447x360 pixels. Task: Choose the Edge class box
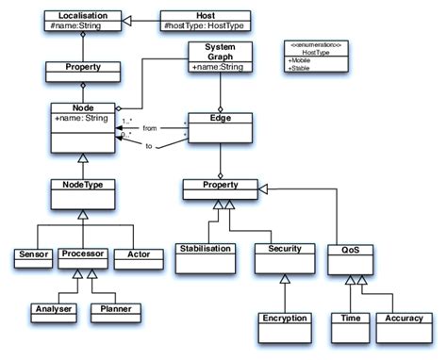pos(219,127)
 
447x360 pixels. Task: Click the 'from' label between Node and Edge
pos(148,127)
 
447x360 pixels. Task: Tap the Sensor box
pos(34,255)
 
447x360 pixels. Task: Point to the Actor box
pos(131,255)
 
